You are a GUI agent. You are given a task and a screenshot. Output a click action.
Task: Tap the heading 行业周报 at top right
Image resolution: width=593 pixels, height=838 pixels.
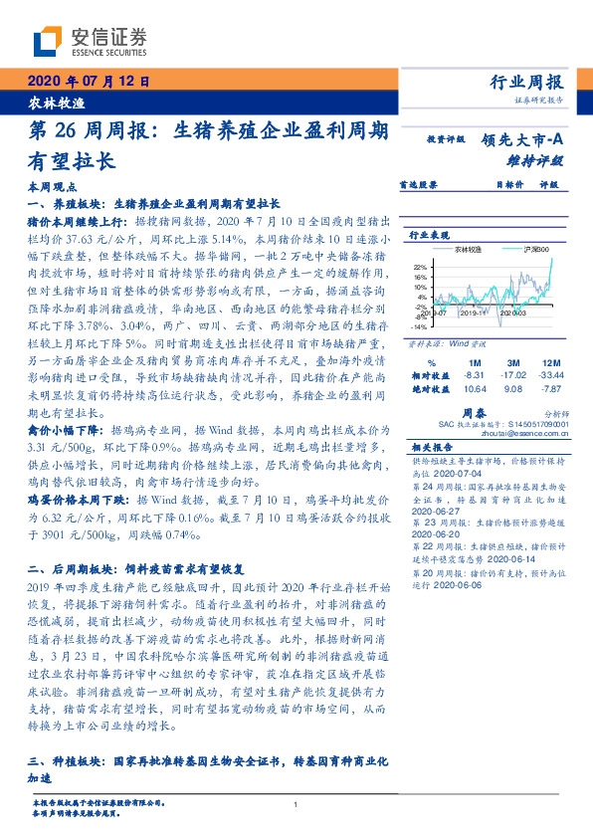click(527, 82)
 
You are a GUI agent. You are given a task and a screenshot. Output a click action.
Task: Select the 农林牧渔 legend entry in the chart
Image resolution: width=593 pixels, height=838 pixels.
click(469, 251)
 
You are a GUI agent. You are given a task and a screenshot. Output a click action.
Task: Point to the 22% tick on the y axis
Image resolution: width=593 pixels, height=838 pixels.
click(420, 267)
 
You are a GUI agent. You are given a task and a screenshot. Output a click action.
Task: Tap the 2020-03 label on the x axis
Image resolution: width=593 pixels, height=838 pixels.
click(512, 313)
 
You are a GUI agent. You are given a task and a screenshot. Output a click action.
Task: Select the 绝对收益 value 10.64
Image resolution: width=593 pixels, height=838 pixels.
click(472, 388)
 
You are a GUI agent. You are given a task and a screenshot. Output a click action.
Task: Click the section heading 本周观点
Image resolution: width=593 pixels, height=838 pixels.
click(50, 187)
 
